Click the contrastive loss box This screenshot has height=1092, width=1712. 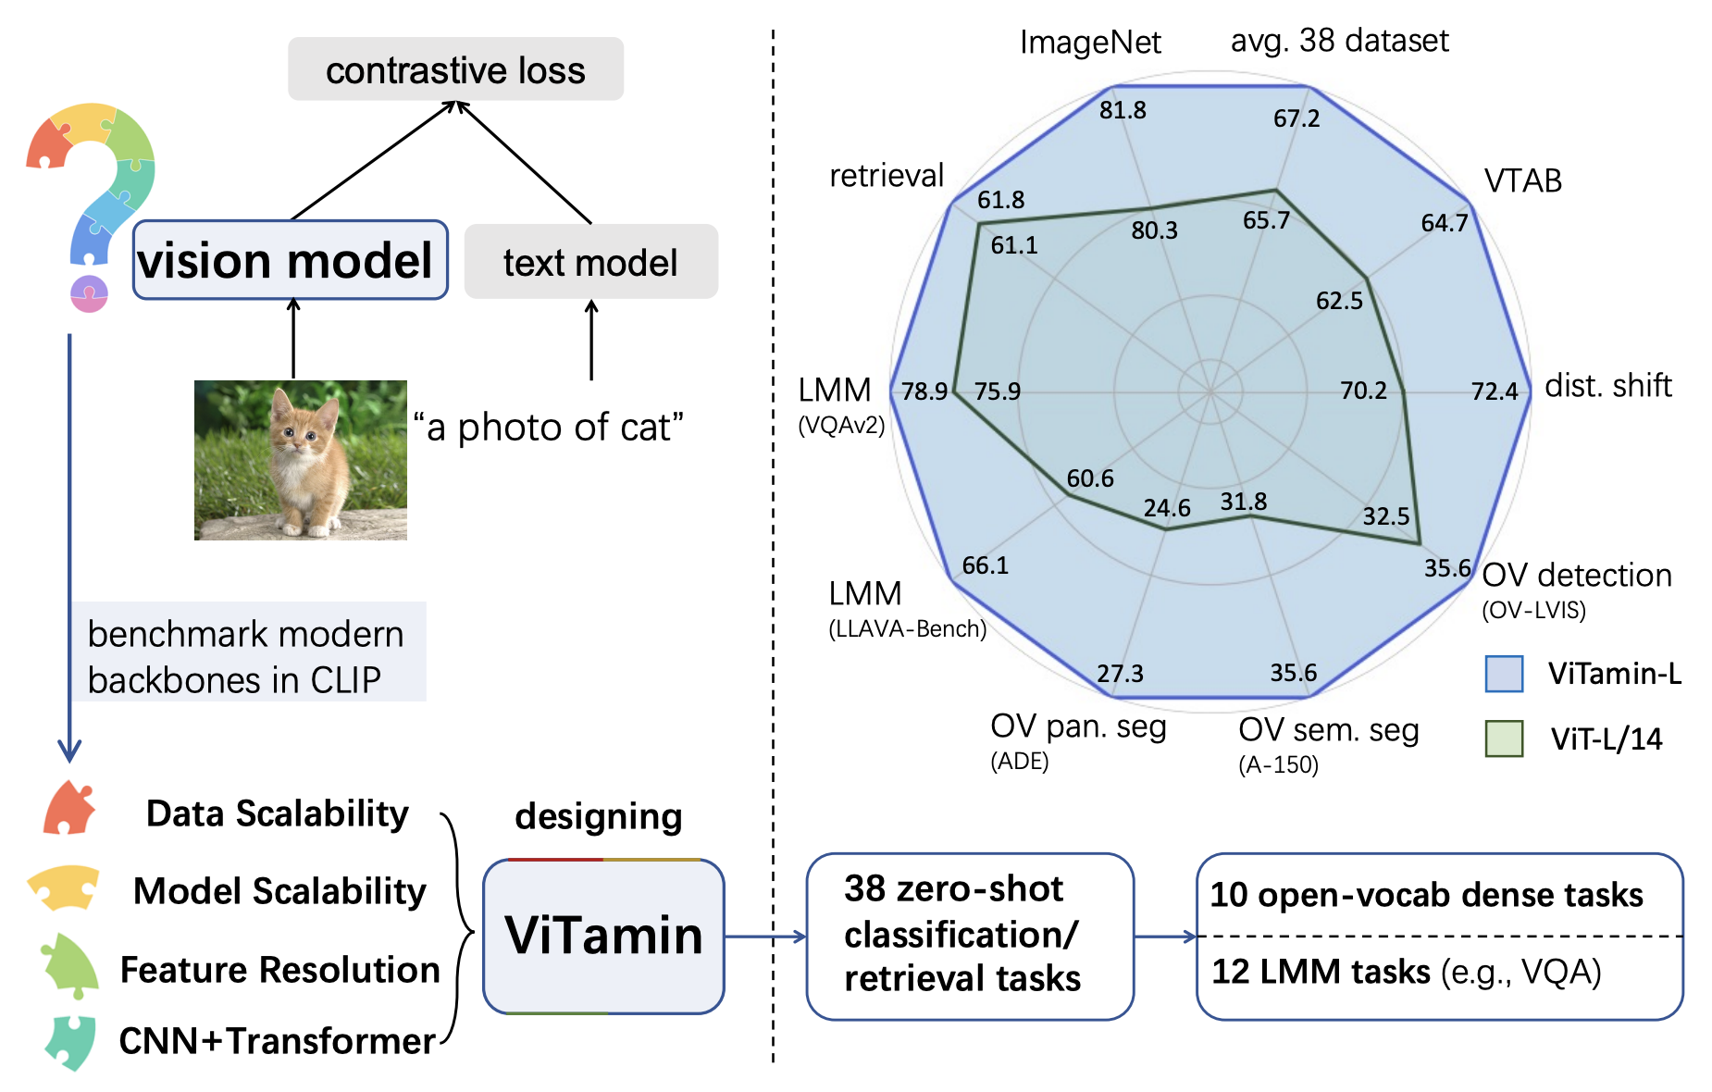click(x=455, y=69)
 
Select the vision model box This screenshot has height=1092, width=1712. click(x=290, y=260)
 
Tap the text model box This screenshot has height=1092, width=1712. click(x=590, y=262)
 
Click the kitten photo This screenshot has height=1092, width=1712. click(x=300, y=460)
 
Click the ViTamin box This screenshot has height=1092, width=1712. click(x=603, y=936)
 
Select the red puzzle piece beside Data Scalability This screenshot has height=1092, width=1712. click(x=68, y=808)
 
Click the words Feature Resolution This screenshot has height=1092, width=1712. click(x=279, y=970)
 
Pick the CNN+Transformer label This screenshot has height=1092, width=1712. click(x=277, y=1041)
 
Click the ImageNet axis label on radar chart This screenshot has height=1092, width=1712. click(x=1089, y=43)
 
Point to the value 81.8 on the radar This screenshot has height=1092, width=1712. click(x=1123, y=110)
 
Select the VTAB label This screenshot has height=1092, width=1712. click(x=1522, y=180)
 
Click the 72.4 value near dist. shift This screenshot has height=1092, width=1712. click(x=1494, y=391)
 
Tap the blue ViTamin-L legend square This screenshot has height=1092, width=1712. click(x=1504, y=674)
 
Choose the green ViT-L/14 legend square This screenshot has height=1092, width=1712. click(x=1504, y=738)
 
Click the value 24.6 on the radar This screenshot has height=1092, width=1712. click(x=1166, y=508)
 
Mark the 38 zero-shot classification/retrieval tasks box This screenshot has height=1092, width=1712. click(x=969, y=936)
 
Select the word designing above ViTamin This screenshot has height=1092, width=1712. click(x=598, y=816)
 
